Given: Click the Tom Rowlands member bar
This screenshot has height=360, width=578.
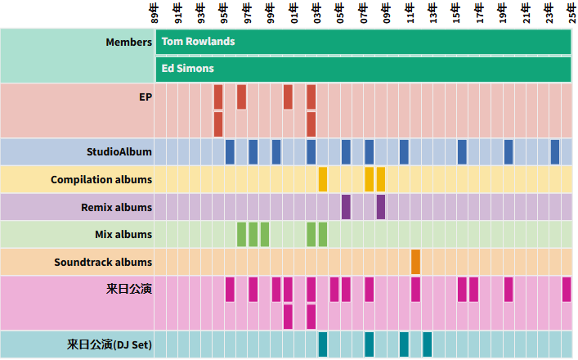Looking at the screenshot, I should (362, 42).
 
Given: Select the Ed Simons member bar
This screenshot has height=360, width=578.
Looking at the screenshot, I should (362, 69).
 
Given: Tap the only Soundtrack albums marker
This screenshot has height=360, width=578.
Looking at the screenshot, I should (415, 262).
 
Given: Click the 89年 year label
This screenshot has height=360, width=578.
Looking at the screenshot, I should (155, 14).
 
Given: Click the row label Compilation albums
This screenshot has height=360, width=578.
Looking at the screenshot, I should (101, 179).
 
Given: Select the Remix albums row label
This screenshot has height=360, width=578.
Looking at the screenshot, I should (116, 207).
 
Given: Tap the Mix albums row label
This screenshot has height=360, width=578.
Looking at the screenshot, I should (123, 234).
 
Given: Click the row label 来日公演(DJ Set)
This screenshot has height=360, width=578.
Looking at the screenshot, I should (110, 344).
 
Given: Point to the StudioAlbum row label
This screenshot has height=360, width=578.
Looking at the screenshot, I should (119, 151).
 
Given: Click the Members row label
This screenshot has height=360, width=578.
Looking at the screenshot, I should (128, 42).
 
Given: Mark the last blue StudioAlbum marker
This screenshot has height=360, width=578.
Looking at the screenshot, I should (554, 151).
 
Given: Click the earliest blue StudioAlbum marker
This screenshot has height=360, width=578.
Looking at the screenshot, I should (230, 151).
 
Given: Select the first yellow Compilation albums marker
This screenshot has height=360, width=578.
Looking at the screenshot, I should (323, 179).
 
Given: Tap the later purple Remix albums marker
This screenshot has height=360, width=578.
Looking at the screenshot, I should (381, 207).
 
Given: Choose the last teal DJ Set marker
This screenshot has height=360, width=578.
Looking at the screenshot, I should (427, 344).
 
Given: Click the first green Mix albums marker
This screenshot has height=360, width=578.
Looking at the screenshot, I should (241, 234).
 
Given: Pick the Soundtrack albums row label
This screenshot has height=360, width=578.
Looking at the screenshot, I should (103, 262).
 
